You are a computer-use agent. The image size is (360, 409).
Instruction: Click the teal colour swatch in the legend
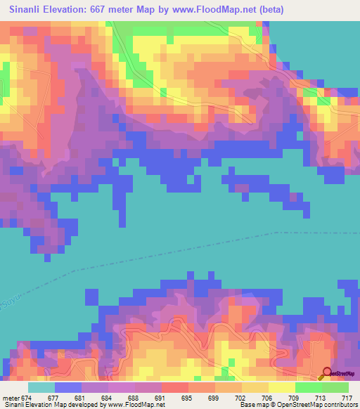pos(41,387)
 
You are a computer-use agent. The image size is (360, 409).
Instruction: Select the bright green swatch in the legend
pos(308,387)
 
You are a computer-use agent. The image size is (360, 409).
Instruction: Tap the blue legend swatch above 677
pos(68,387)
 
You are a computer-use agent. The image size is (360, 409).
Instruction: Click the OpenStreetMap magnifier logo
pos(326,373)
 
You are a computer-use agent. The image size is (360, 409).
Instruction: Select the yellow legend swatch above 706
pos(255,387)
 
